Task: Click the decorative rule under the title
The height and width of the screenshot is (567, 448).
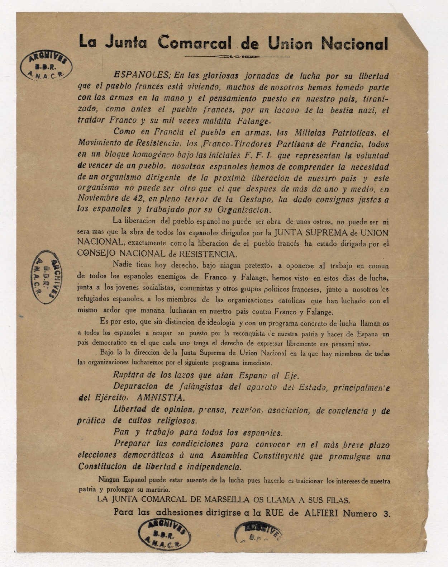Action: (237, 57)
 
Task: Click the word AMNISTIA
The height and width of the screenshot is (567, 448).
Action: (161, 398)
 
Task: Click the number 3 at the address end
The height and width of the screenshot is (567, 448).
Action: (386, 514)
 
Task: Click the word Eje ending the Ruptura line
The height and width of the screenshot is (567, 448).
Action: (291, 376)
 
